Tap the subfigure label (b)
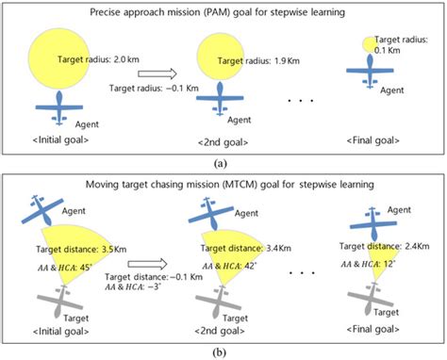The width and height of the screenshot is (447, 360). tap(223, 351)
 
